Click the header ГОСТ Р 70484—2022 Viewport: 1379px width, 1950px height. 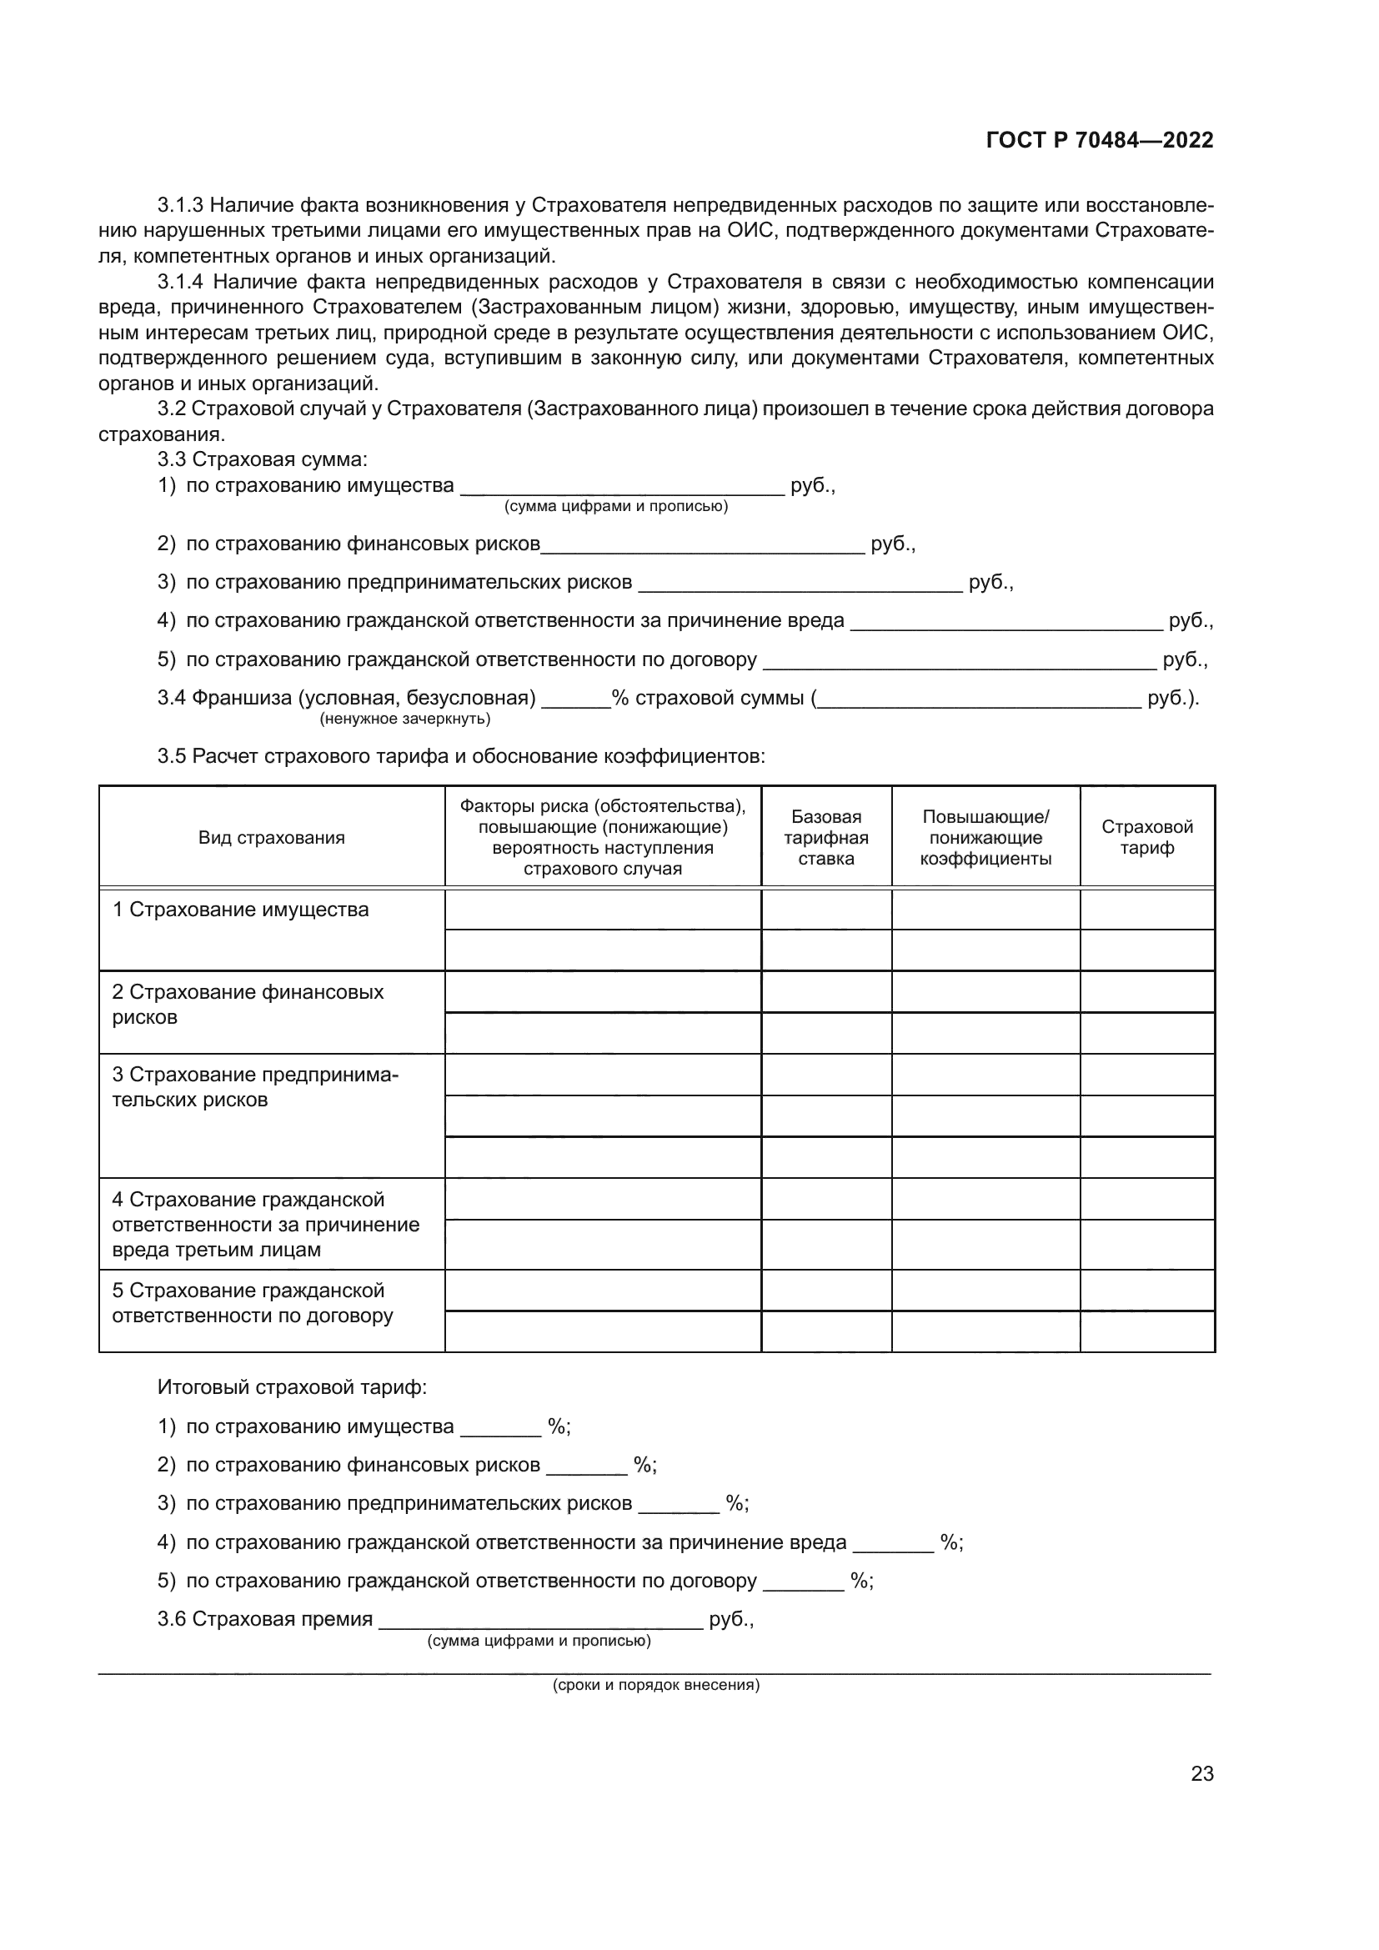tap(1099, 141)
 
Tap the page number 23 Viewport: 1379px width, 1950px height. tap(1201, 1773)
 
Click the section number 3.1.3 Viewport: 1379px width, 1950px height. tap(180, 206)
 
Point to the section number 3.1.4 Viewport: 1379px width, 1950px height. tap(180, 282)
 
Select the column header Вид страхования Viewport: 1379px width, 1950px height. tap(272, 837)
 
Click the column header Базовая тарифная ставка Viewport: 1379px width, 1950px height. tap(825, 837)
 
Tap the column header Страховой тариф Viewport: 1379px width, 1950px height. tap(1146, 837)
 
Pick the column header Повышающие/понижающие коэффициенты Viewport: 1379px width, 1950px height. tap(985, 837)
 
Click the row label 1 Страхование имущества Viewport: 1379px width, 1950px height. tap(240, 910)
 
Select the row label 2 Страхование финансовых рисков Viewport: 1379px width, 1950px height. tap(247, 1004)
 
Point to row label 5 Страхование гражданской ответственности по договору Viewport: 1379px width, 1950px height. tap(252, 1303)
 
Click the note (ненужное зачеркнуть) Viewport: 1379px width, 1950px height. tap(405, 719)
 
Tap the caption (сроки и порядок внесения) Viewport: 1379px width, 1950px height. tap(655, 1685)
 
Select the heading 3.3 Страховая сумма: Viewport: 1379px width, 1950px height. tap(262, 459)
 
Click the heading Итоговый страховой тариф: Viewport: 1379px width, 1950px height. tap(292, 1388)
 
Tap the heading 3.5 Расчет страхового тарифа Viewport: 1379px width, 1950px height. tap(460, 756)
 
